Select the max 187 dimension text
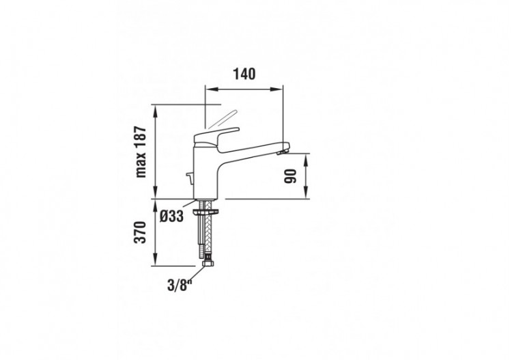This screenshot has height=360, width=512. [x=142, y=151]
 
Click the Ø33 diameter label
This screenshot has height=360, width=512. [x=172, y=217]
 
